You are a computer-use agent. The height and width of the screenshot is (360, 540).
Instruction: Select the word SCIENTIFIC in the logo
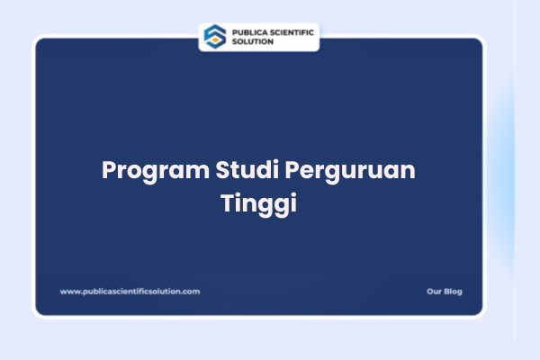click(x=292, y=31)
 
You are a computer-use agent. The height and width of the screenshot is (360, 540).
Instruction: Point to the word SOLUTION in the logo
click(x=254, y=41)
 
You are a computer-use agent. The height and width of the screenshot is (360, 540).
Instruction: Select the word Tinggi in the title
click(x=258, y=202)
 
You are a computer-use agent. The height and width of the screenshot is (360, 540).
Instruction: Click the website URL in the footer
click(x=130, y=292)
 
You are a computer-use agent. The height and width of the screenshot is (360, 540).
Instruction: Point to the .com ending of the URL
click(x=191, y=292)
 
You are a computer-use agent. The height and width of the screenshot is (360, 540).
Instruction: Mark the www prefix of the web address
click(x=69, y=292)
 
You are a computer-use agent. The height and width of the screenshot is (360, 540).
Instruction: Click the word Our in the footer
click(x=433, y=292)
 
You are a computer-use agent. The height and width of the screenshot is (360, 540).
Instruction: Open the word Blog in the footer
click(x=453, y=292)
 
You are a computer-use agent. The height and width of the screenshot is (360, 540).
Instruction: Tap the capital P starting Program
click(x=109, y=171)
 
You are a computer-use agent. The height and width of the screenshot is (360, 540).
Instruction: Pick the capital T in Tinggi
click(x=227, y=202)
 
